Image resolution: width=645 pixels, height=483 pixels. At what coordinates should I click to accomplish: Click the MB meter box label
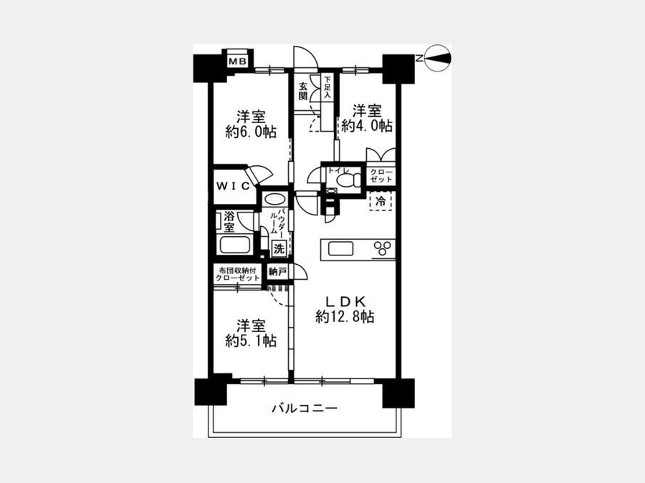(x=237, y=62)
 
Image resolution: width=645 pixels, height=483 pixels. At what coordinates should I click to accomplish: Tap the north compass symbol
(x=438, y=58)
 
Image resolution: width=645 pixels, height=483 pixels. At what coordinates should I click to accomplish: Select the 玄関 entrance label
(x=303, y=91)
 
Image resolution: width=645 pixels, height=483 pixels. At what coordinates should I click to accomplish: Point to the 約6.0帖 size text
(x=251, y=132)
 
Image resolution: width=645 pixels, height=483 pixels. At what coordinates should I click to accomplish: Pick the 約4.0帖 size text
(x=367, y=126)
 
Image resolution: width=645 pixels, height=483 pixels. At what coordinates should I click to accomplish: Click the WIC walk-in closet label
(x=233, y=186)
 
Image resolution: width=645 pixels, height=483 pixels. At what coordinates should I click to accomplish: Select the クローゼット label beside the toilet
(x=381, y=176)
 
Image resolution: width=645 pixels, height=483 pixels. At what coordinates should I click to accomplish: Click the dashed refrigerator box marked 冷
(x=381, y=202)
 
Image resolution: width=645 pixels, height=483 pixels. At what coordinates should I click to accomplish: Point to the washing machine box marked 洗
(x=279, y=248)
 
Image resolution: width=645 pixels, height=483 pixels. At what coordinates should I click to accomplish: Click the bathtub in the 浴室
(x=235, y=245)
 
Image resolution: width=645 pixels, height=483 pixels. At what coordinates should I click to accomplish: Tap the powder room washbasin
(x=274, y=200)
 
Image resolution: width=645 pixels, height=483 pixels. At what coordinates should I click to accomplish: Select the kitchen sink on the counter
(x=340, y=248)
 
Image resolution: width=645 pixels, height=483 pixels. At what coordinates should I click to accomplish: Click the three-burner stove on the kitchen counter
(x=383, y=248)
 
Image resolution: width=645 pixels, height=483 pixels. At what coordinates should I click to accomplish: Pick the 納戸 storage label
(x=277, y=271)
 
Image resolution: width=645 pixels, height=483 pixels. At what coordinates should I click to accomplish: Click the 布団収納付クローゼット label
(x=239, y=274)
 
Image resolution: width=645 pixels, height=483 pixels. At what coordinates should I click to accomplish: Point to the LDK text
(x=345, y=302)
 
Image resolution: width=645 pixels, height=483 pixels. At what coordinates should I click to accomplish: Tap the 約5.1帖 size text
(x=251, y=341)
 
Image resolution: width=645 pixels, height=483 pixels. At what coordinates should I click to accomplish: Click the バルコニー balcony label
(x=305, y=409)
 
